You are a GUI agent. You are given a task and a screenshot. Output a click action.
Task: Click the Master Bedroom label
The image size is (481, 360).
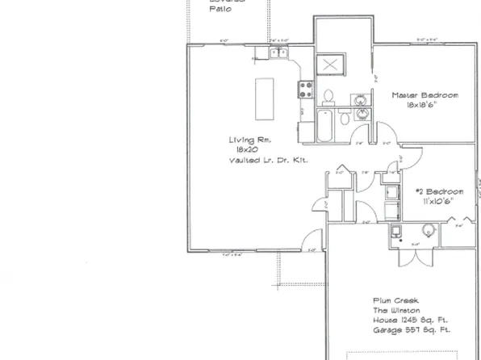pyautogui.click(x=425, y=95)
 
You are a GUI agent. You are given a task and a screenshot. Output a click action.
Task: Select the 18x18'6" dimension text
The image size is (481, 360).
pyautogui.click(x=425, y=106)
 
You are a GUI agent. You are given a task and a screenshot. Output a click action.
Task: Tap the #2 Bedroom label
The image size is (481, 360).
pyautogui.click(x=435, y=191)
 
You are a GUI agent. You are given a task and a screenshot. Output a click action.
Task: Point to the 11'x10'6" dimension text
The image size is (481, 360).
pyautogui.click(x=435, y=201)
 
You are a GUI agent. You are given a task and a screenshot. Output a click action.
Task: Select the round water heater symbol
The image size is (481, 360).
pyautogui.click(x=428, y=232)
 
